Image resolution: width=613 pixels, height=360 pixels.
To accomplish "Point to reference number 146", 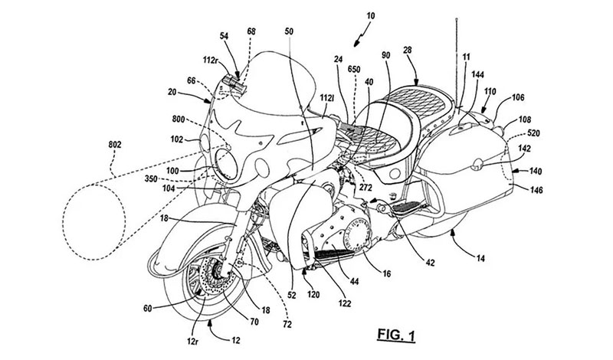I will coord(533,185).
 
